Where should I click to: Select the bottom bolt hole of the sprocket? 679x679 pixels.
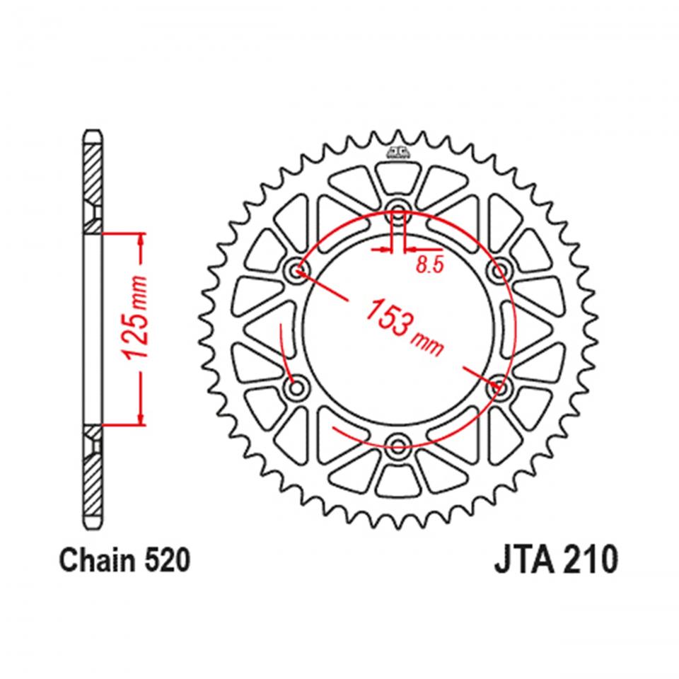[x=397, y=446]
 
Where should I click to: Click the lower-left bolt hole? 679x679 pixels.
[x=296, y=387]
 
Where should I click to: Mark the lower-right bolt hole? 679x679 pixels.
[x=500, y=387]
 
